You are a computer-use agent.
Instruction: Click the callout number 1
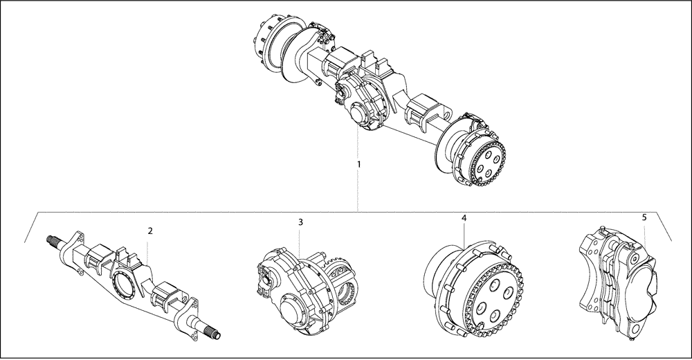(x=358, y=164)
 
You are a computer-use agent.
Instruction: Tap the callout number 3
(x=300, y=222)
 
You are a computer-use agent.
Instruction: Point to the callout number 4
(x=464, y=218)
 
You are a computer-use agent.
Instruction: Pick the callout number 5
(x=644, y=217)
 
